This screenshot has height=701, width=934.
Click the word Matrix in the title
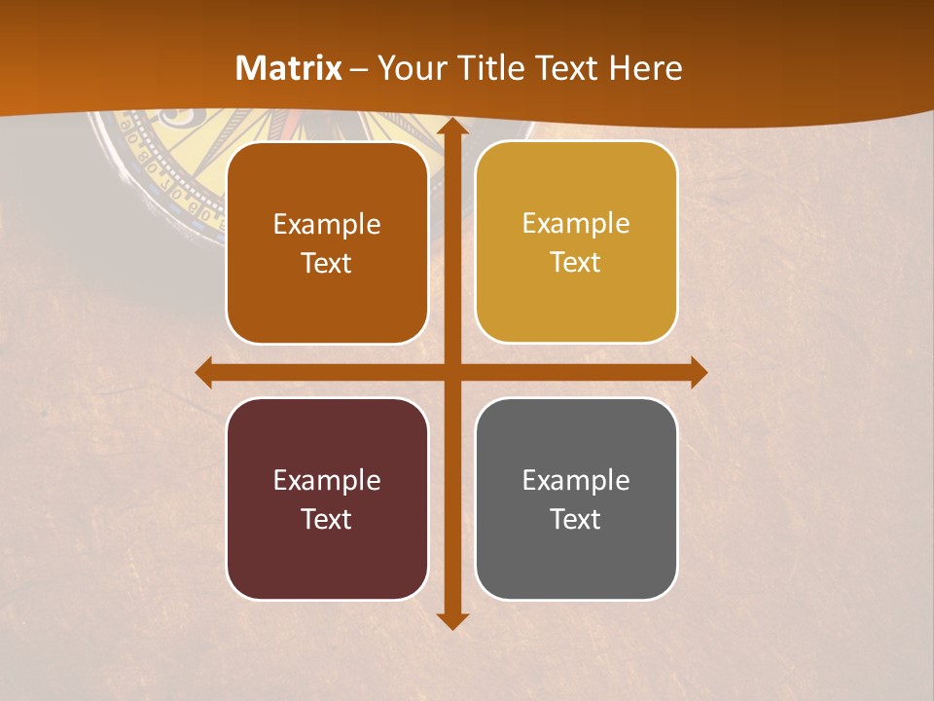click(289, 68)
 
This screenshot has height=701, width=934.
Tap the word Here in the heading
click(646, 68)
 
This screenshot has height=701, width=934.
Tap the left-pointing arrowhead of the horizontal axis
click(204, 372)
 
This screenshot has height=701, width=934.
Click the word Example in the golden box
click(576, 223)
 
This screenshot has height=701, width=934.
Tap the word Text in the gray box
click(576, 519)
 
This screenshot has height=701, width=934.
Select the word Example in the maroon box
click(327, 480)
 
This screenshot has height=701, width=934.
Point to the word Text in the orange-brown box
click(327, 263)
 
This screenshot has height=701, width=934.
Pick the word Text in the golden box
click(576, 262)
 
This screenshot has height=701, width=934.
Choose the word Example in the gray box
click(576, 480)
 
